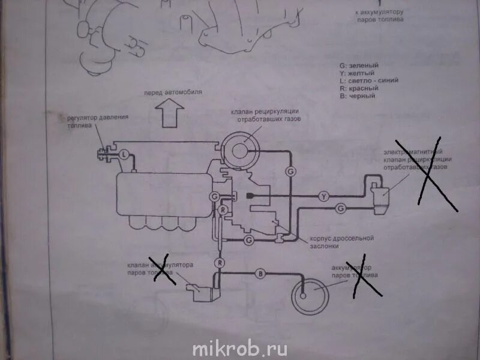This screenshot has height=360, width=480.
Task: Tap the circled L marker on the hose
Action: [x=123, y=154]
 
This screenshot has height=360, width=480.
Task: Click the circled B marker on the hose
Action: [x=261, y=274]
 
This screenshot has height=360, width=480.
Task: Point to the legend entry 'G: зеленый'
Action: [x=359, y=65]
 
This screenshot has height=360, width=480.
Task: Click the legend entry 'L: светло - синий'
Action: [x=368, y=80]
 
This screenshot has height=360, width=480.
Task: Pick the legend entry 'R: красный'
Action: [x=358, y=88]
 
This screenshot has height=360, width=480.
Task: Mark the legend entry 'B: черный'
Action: [x=357, y=96]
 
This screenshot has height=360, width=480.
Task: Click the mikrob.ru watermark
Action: [x=240, y=348]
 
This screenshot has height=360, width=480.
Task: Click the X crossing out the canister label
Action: [x=365, y=278]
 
